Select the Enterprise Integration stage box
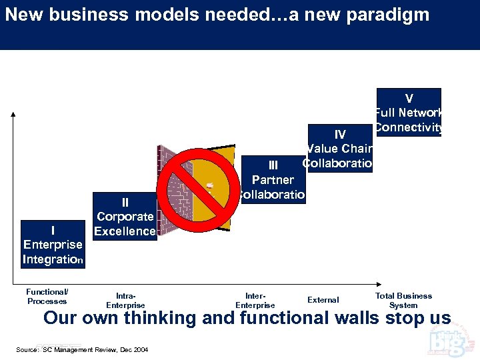tap(52, 244)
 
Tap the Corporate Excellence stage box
tap(125, 216)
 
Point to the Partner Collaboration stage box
tap(272, 179)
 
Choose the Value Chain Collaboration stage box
tap(339, 149)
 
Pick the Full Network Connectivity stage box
tap(409, 112)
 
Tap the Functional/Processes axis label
tap(47, 297)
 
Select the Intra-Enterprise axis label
tap(125, 301)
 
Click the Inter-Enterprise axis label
tap(255, 301)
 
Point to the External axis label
tap(323, 300)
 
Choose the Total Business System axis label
tap(403, 300)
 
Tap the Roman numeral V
tap(409, 99)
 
